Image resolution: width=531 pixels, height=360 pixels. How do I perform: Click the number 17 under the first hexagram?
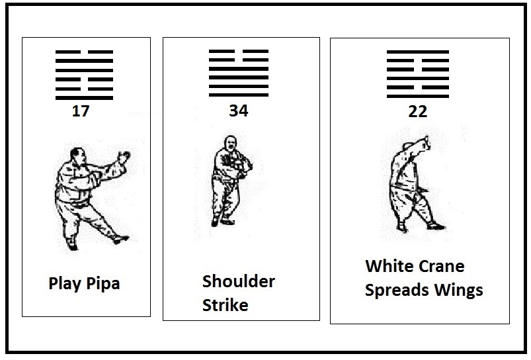(x=81, y=111)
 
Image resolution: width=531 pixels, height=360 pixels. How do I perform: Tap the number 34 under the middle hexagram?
(x=239, y=111)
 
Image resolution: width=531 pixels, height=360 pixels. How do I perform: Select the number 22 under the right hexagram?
(x=417, y=112)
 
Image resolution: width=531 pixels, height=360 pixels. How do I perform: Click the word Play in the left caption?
(x=65, y=284)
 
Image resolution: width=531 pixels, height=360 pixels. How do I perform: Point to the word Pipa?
(x=103, y=284)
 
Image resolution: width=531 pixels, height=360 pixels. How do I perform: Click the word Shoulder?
(x=239, y=281)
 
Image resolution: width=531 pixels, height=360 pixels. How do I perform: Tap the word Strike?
(x=225, y=305)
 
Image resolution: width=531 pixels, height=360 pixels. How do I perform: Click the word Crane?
(x=437, y=267)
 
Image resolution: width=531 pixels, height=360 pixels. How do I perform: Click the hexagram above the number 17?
(x=85, y=75)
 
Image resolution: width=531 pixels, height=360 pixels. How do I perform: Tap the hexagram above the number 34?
(x=239, y=73)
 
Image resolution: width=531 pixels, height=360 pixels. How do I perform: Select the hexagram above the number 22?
(x=418, y=74)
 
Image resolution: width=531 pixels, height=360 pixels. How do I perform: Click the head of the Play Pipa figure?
(x=77, y=155)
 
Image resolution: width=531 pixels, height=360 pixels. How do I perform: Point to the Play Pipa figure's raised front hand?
(x=124, y=157)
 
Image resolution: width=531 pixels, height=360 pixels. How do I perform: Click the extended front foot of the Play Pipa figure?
(x=121, y=240)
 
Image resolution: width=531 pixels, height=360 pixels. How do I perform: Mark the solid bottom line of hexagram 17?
(x=85, y=98)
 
